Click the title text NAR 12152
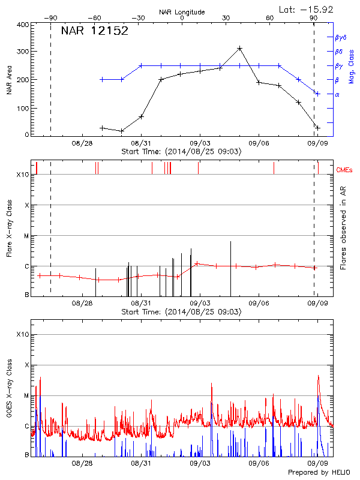click(x=95, y=31)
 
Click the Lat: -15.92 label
click(x=307, y=9)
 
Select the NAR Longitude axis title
click(x=182, y=12)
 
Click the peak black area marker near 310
click(x=239, y=48)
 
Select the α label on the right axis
click(x=337, y=94)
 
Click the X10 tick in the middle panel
click(x=22, y=175)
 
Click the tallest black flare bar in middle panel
click(x=231, y=268)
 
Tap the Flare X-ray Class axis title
click(x=9, y=231)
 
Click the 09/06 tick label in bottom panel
click(x=259, y=464)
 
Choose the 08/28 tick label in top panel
click(x=82, y=143)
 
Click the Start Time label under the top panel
click(x=181, y=152)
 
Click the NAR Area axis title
click(x=9, y=80)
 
